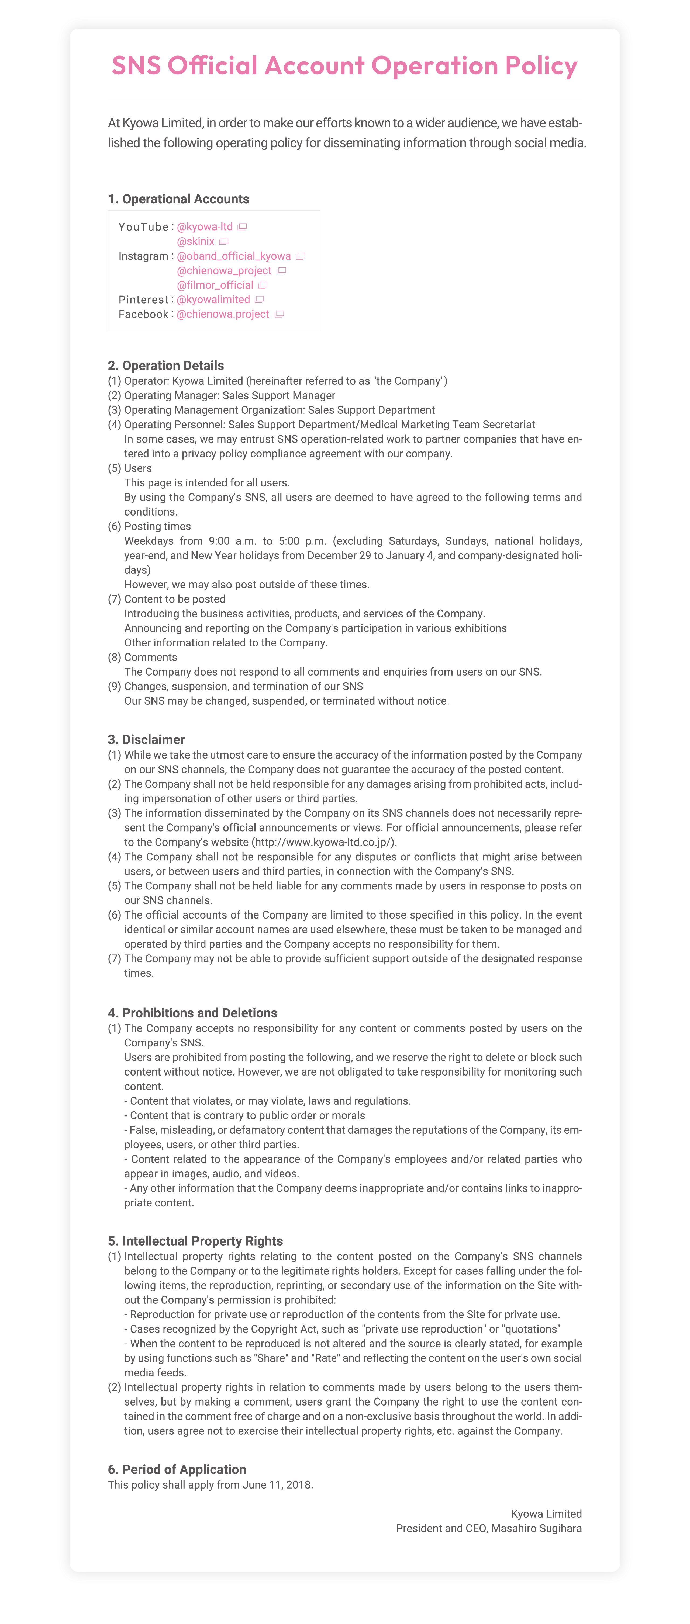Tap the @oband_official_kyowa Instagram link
233,256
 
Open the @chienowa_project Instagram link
224,270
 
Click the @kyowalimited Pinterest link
213,300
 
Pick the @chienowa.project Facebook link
223,314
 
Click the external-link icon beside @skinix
224,241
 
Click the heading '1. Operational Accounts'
178,199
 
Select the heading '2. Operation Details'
166,366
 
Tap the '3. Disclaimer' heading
146,739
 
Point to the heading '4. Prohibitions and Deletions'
192,1013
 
